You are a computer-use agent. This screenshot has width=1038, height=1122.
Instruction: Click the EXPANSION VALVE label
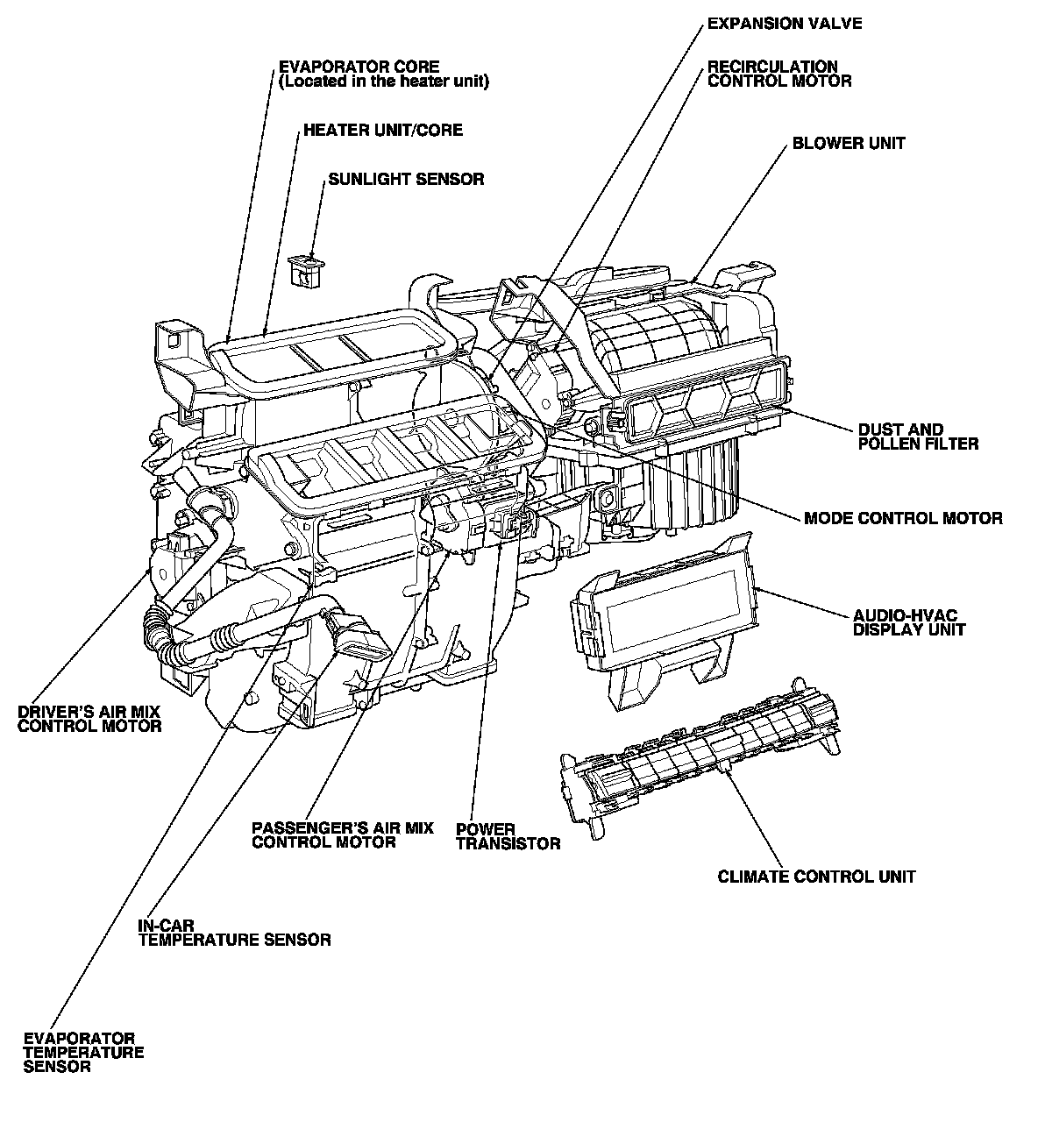click(x=784, y=24)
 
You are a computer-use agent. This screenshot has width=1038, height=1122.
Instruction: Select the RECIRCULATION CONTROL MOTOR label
click(x=778, y=74)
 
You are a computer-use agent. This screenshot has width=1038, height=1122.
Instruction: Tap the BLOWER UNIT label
click(x=849, y=143)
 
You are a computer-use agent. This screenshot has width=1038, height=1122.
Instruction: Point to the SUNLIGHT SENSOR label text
click(x=406, y=179)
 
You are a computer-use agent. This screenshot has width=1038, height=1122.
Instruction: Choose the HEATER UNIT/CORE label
click(x=382, y=130)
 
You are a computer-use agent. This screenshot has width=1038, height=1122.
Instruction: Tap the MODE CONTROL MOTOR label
click(x=903, y=518)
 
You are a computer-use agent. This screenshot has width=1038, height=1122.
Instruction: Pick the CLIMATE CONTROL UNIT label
click(x=816, y=876)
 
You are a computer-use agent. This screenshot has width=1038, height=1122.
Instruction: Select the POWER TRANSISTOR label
click(x=508, y=836)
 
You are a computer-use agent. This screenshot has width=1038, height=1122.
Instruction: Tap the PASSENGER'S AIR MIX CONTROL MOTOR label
click(x=342, y=834)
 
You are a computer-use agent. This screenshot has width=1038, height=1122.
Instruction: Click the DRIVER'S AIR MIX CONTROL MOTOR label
click(x=89, y=718)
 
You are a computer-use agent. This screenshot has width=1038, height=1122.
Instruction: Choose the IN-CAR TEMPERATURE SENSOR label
click(x=234, y=933)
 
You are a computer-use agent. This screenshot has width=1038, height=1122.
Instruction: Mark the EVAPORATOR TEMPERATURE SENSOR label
click(x=83, y=1052)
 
